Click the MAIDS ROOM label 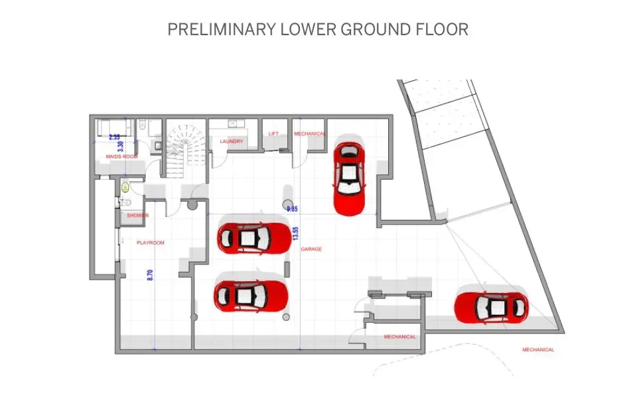point(121,156)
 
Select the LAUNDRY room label point(232,142)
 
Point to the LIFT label point(274,134)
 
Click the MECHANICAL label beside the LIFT point(310,134)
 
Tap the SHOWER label point(138,215)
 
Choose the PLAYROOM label point(150,243)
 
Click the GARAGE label point(311,249)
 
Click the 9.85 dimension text point(291,209)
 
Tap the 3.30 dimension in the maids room point(120,147)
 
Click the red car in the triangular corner point(491,306)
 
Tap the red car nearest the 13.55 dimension point(254,237)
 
